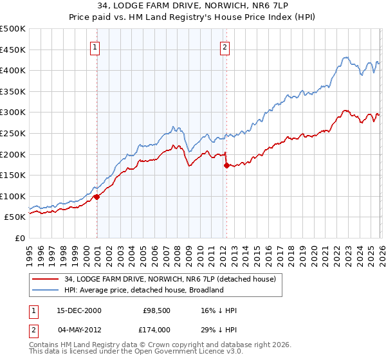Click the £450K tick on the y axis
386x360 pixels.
[13, 50]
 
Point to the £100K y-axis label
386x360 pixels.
[13, 196]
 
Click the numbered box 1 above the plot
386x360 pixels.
[95, 46]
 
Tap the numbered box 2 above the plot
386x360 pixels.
[225, 46]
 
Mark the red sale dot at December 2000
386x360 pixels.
[96, 197]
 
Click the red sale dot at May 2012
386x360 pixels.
[226, 165]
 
